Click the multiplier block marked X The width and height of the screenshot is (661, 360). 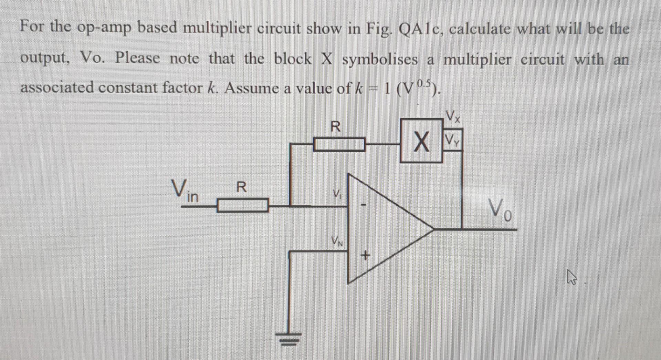coord(421,141)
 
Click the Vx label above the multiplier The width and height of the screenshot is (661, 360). coord(453,116)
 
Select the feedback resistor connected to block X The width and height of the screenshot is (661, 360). coord(339,144)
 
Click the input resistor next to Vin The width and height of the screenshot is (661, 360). coord(242,206)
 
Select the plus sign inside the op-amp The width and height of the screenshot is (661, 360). coord(365,256)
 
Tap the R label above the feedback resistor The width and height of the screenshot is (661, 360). coord(335,127)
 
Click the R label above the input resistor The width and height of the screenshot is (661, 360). coord(242,187)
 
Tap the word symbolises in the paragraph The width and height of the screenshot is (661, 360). coord(379,59)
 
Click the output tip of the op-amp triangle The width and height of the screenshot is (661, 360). coord(433,228)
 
